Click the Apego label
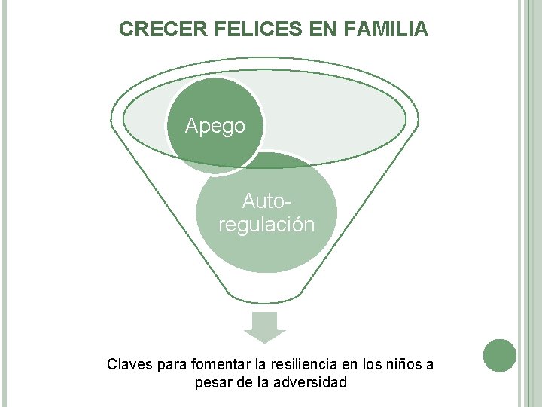pyautogui.click(x=215, y=126)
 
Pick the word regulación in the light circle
pyautogui.click(x=266, y=225)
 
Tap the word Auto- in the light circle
pyautogui.click(x=266, y=201)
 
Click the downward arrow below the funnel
pyautogui.click(x=265, y=326)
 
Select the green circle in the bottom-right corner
pyautogui.click(x=500, y=356)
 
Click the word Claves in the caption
pyautogui.click(x=129, y=365)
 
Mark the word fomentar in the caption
pyautogui.click(x=218, y=365)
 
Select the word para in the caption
pyautogui.click(x=172, y=365)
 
